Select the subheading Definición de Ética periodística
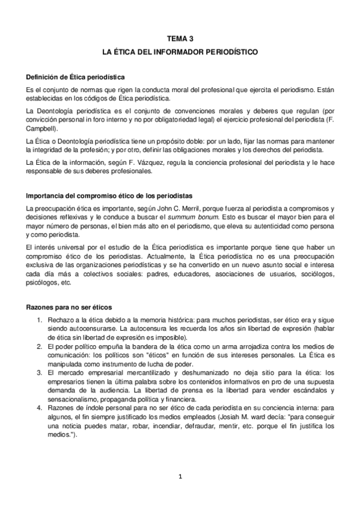[75, 77]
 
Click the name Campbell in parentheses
[41, 128]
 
